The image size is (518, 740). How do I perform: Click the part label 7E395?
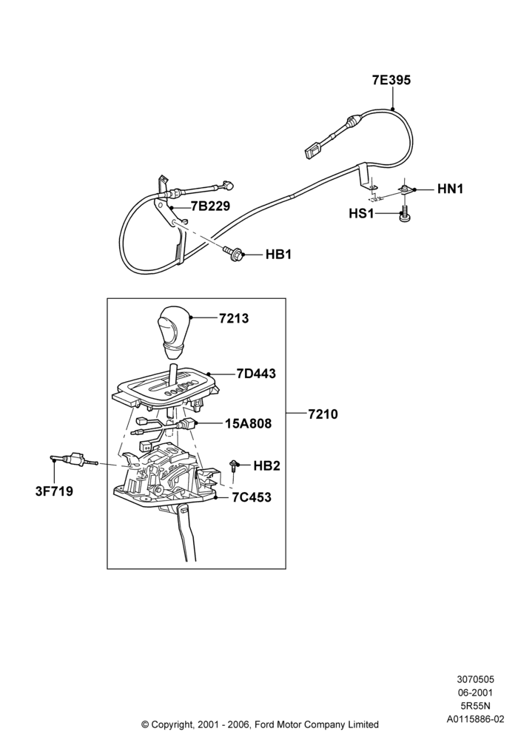[x=391, y=80]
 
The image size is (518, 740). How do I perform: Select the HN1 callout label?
[x=450, y=189]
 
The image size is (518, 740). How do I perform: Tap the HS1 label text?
[x=361, y=214]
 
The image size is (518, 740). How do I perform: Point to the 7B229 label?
[x=210, y=206]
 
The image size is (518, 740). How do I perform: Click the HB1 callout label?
[x=278, y=255]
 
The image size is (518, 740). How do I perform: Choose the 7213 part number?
[x=234, y=318]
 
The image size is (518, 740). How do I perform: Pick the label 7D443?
[x=256, y=374]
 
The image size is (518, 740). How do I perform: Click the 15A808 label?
[x=248, y=424]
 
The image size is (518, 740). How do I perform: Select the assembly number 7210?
[x=323, y=414]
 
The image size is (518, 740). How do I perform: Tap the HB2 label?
[x=266, y=465]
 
